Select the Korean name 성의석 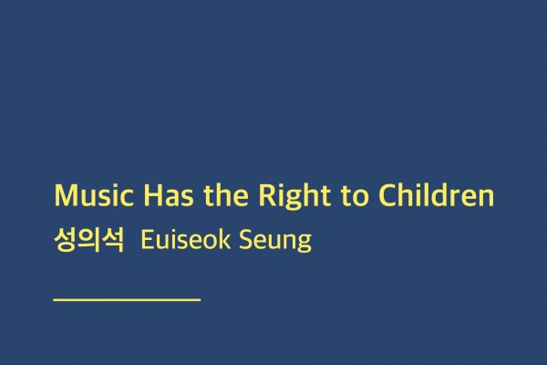(88, 242)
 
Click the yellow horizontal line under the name (127, 298)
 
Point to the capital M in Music (65, 196)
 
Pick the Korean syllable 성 (66, 242)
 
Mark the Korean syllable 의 (88, 242)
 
